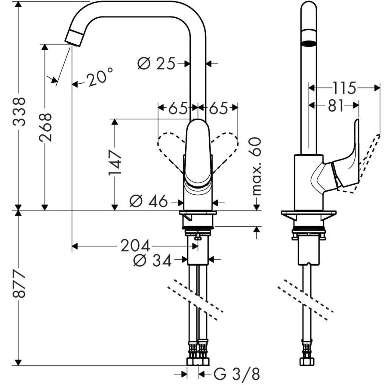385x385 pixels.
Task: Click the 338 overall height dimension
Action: pyautogui.click(x=19, y=112)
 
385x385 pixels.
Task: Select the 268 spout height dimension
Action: pyautogui.click(x=45, y=128)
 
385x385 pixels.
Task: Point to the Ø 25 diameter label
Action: pyautogui.click(x=156, y=63)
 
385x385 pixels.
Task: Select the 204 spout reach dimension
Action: pyautogui.click(x=135, y=245)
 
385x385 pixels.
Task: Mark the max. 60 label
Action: pyautogui.click(x=256, y=166)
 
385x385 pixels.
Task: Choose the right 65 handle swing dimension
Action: pyautogui.click(x=218, y=108)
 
